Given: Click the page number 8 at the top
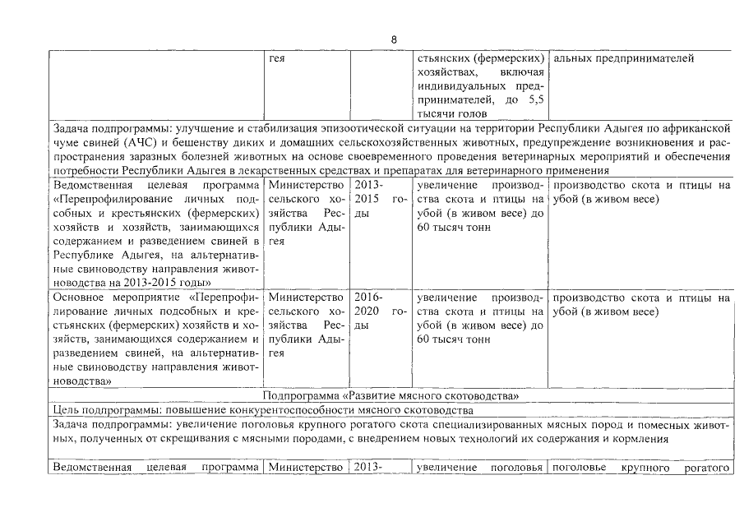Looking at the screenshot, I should [x=394, y=40].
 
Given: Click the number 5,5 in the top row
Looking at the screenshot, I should [x=535, y=99].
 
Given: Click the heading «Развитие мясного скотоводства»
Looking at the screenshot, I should [x=390, y=395].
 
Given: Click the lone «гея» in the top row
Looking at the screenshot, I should [x=277, y=58].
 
